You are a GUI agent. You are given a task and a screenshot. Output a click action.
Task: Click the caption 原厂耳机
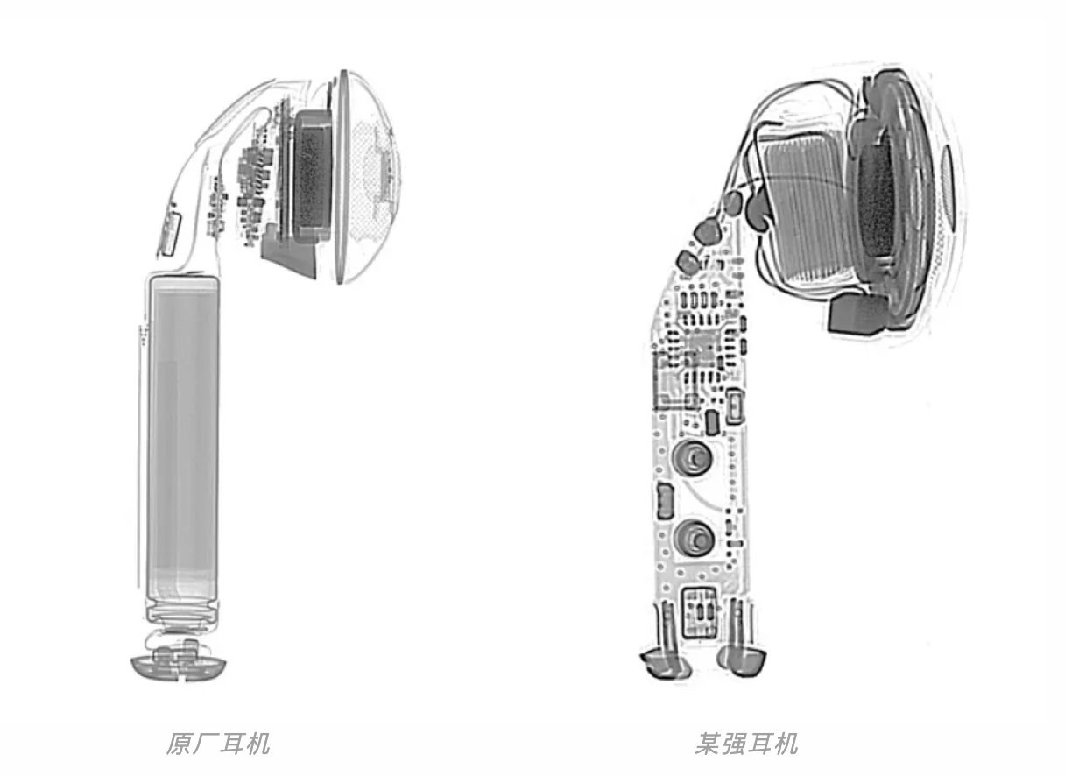[218, 744]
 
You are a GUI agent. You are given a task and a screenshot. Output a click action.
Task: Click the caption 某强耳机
[746, 744]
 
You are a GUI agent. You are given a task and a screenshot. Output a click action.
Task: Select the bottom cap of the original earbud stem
[177, 665]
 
